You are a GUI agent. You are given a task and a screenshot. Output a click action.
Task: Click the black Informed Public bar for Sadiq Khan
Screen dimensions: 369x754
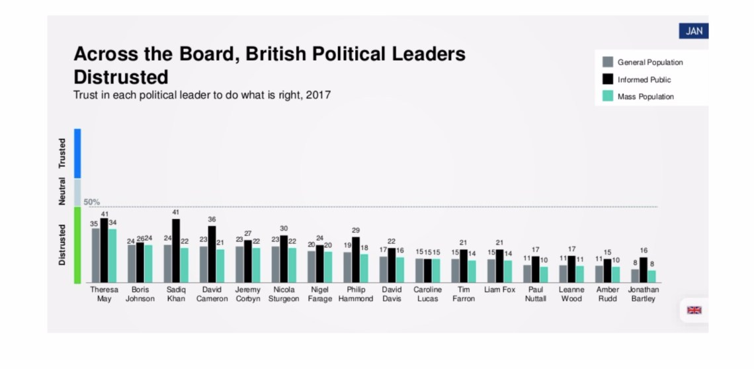tap(176, 251)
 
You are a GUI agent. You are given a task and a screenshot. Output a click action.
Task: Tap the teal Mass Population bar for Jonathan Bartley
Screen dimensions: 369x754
tap(651, 276)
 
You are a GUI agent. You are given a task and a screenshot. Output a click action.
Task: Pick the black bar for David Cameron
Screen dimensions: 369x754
tap(212, 255)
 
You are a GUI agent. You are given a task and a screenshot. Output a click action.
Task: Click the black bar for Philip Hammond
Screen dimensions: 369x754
tap(356, 260)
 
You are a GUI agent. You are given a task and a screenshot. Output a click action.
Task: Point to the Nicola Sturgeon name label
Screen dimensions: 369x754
tap(284, 294)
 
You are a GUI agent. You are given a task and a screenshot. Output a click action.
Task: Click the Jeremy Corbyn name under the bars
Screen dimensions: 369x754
tap(247, 294)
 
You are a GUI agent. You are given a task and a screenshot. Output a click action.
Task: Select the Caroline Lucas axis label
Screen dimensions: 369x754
tap(427, 294)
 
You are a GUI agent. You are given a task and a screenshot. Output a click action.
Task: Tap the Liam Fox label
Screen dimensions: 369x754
tap(499, 290)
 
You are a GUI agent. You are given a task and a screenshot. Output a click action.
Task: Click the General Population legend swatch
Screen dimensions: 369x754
tap(607, 62)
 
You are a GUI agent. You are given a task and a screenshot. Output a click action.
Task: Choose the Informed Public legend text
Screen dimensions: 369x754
tap(644, 79)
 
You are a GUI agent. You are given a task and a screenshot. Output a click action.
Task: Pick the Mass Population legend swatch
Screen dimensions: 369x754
tap(607, 97)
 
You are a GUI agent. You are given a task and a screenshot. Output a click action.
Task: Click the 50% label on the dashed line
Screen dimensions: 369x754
tap(92, 202)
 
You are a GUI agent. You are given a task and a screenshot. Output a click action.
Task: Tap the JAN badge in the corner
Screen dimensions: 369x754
tap(693, 31)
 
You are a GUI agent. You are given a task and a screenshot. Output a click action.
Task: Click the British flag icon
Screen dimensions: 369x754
tap(694, 309)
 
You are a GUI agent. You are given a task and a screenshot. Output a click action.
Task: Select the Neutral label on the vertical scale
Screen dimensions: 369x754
tap(62, 190)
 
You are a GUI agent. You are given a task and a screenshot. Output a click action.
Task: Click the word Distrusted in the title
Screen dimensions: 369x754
tap(120, 76)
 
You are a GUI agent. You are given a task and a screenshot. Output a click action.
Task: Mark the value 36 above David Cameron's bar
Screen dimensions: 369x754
tap(212, 219)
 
